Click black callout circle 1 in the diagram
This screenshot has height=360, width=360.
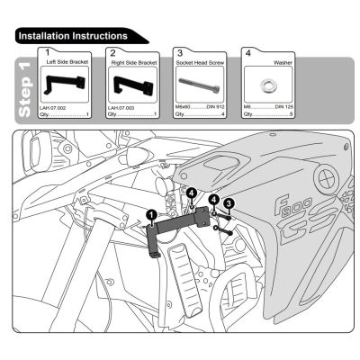[x=152, y=215]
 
